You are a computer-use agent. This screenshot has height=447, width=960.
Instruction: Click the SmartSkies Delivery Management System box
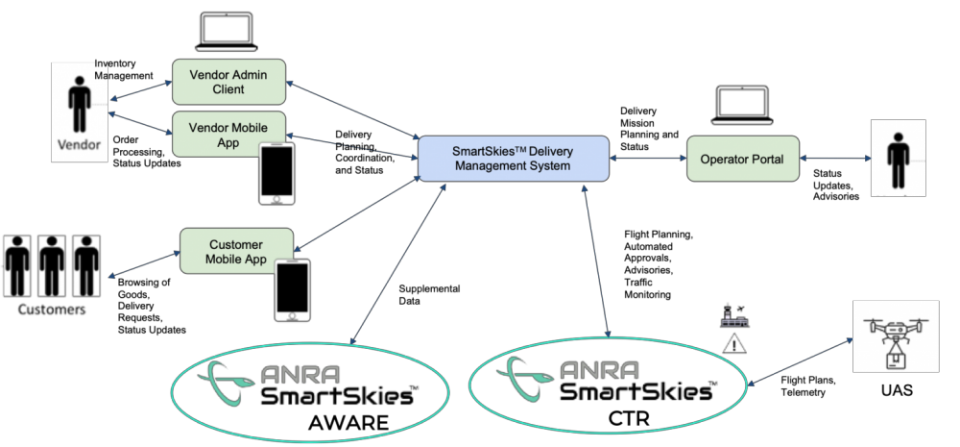[513, 159]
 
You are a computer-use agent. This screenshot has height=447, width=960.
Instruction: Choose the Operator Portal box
[742, 159]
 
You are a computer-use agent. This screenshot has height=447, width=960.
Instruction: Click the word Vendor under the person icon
[77, 147]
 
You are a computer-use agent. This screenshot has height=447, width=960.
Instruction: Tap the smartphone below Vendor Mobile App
[276, 173]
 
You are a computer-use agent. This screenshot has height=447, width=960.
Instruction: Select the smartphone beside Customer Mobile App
[292, 289]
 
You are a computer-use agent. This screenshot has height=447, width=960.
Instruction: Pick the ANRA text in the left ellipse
[306, 373]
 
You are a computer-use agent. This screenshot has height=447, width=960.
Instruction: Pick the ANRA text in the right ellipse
[599, 371]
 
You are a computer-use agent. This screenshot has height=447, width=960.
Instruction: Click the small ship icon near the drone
[734, 318]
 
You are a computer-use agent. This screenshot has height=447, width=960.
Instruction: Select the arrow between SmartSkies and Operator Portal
[648, 159]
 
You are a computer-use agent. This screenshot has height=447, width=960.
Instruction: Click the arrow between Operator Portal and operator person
[833, 159]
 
